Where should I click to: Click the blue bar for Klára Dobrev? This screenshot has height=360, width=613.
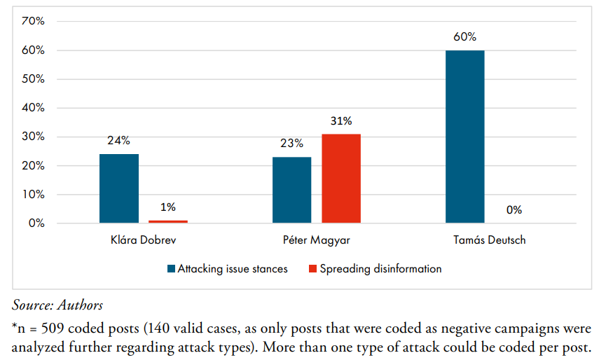pos(119,188)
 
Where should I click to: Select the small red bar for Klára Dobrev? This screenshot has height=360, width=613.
pos(168,221)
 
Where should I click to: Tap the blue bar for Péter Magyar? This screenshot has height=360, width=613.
pos(291,190)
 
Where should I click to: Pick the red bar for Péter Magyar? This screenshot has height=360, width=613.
pos(341,179)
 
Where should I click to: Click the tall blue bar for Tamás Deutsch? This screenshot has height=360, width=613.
pos(464,137)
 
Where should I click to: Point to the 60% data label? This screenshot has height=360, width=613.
pos(464,36)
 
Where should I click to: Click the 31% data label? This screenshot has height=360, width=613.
pos(341,120)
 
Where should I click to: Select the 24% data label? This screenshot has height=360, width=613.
pos(119,140)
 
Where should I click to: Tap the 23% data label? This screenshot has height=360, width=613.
pos(291,144)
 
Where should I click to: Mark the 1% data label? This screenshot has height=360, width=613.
pos(168,207)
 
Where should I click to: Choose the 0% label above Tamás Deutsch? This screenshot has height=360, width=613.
pos(514,209)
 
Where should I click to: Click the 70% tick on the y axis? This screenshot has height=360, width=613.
pos(33,21)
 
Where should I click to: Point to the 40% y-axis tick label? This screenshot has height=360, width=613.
pos(33,108)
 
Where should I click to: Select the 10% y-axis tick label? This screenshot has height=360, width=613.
pos(33,195)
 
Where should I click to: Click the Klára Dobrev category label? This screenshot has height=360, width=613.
pos(144,240)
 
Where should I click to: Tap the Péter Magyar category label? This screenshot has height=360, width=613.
pos(317,240)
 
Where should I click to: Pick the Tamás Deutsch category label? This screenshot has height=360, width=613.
pos(489,240)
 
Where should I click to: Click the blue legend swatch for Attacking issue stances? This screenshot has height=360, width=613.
pos(171,269)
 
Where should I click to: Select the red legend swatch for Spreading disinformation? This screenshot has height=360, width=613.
pos(313,269)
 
